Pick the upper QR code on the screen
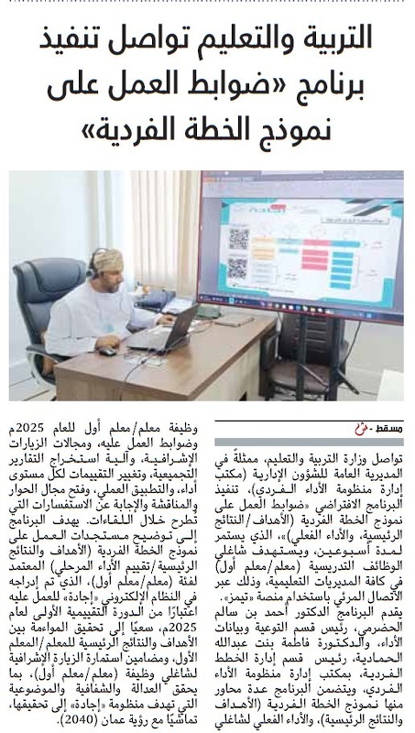238,236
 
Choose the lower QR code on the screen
238,268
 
